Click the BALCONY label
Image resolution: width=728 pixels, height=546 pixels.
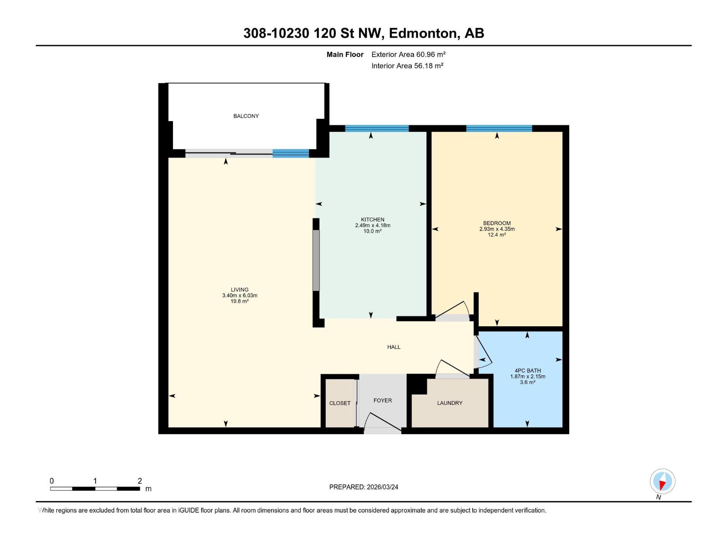[x=246, y=116]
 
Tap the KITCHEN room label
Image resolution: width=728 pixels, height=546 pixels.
[x=373, y=219]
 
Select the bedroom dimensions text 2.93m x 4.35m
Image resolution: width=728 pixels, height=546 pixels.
[x=497, y=229]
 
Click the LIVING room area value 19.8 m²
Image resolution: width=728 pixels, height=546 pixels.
[x=239, y=301]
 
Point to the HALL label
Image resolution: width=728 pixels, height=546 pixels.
[x=394, y=347]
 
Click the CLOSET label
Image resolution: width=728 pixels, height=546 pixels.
[x=340, y=403]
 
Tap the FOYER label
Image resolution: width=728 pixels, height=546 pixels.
[x=383, y=400]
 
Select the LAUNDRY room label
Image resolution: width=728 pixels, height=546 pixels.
[x=450, y=403]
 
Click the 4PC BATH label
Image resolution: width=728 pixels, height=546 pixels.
[x=528, y=370]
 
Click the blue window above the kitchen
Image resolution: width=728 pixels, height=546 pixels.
[x=377, y=128]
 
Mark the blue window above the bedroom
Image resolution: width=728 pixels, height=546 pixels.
[x=499, y=128]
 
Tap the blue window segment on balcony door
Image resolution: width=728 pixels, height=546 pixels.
[x=291, y=153]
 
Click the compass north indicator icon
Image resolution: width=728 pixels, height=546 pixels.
[x=662, y=481]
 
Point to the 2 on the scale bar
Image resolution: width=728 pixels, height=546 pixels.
[x=140, y=481]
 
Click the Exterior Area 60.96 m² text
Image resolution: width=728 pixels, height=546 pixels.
[x=408, y=54]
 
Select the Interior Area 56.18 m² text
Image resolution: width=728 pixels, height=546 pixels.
[x=407, y=66]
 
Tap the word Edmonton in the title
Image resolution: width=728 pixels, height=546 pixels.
[x=423, y=33]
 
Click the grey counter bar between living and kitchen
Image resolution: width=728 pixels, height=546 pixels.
[x=316, y=260]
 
